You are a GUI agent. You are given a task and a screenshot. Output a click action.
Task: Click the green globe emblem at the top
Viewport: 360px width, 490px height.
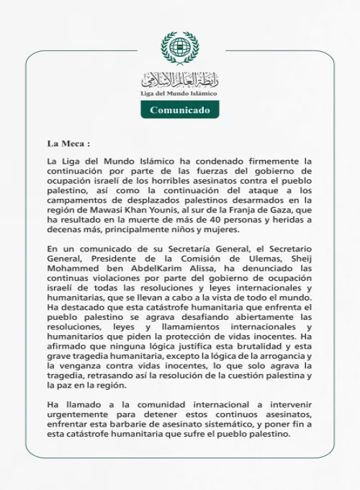pyautogui.click(x=179, y=48)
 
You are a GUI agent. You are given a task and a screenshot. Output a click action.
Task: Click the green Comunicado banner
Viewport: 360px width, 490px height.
pyautogui.click(x=179, y=110)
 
